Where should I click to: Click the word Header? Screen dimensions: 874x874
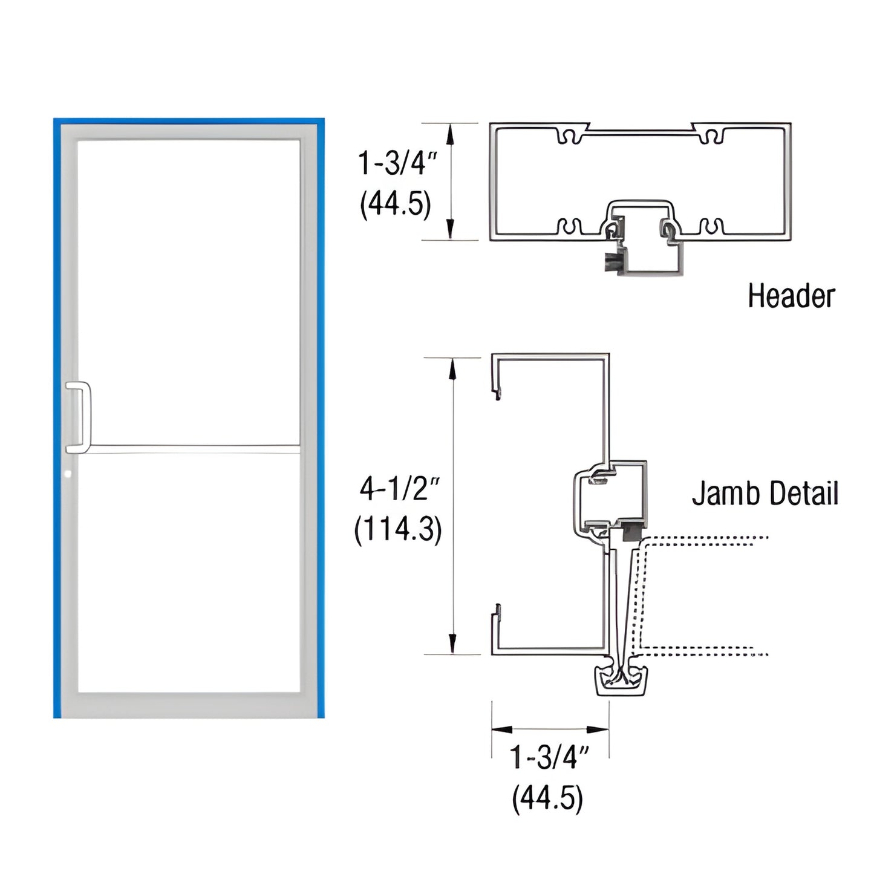[791, 296]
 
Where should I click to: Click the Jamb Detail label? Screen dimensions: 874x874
[765, 494]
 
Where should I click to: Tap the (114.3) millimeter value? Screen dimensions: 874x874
[398, 529]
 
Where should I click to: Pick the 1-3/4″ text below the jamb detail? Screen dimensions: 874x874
[549, 757]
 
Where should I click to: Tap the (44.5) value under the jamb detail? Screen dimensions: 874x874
[547, 799]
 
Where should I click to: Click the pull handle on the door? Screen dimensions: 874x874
[78, 417]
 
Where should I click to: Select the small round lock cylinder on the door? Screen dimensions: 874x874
[68, 474]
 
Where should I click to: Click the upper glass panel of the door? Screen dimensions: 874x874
[189, 290]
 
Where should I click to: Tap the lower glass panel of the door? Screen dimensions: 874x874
[189, 572]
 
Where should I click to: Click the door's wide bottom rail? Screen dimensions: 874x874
[189, 705]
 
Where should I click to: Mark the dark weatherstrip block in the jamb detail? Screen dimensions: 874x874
[631, 531]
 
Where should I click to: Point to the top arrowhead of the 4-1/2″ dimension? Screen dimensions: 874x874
[452, 370]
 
